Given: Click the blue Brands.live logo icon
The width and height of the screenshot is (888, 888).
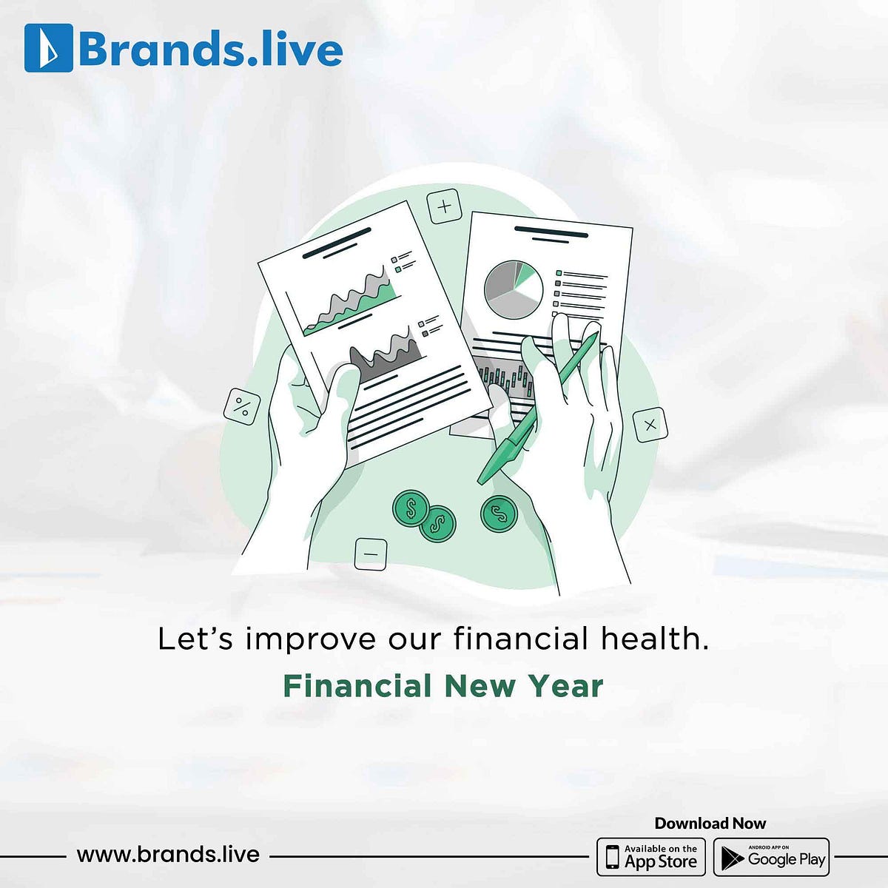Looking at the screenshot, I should point(48,48).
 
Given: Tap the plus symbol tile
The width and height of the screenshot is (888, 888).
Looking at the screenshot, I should point(445,206).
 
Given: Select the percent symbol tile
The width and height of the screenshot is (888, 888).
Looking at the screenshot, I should point(242,406).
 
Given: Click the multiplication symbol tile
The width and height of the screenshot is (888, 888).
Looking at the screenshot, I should point(650,425).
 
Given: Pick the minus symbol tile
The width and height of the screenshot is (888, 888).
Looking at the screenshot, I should point(371,554).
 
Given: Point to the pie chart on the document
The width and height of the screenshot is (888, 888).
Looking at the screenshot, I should point(513,289).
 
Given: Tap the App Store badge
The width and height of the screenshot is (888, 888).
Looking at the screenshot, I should point(651,857).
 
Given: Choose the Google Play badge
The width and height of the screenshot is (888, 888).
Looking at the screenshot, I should point(771,857).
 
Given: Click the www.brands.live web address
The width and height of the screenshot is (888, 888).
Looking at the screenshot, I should point(168,855).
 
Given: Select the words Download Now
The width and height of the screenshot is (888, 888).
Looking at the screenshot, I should point(710,823).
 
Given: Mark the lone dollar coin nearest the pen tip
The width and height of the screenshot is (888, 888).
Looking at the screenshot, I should point(499,513).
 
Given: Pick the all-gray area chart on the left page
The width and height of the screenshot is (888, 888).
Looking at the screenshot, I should point(386,353).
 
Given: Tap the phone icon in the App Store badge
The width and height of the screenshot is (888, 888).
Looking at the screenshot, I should point(612,857).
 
